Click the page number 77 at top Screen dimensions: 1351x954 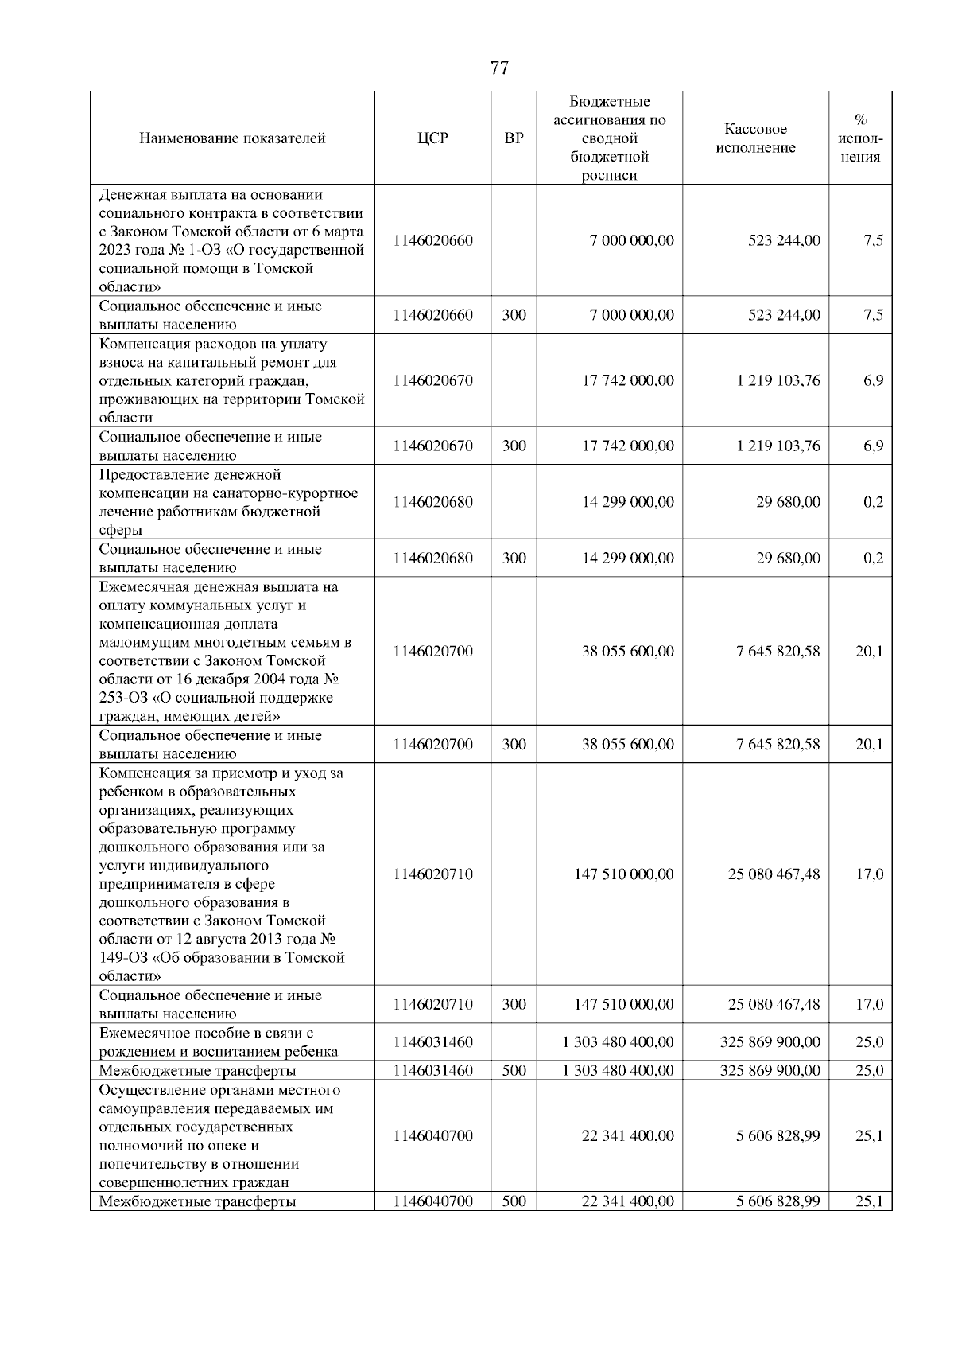499,68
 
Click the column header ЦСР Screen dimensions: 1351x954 432,138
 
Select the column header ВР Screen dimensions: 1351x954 514,138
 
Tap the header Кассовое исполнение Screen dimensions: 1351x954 755,138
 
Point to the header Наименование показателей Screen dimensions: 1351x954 232,138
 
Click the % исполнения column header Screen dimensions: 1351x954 860,138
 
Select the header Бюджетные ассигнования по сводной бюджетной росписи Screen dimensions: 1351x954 610,138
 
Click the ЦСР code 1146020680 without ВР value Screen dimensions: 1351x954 432,502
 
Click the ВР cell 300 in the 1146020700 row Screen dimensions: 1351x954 514,745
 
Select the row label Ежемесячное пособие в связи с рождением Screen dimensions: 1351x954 219,1042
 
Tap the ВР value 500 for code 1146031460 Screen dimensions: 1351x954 514,1071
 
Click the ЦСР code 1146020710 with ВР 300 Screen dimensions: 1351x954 432,1005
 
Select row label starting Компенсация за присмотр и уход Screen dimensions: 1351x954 223,874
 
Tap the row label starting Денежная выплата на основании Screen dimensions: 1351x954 231,240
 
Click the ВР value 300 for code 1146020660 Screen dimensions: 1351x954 514,315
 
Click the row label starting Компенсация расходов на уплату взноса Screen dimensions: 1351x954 231,380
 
